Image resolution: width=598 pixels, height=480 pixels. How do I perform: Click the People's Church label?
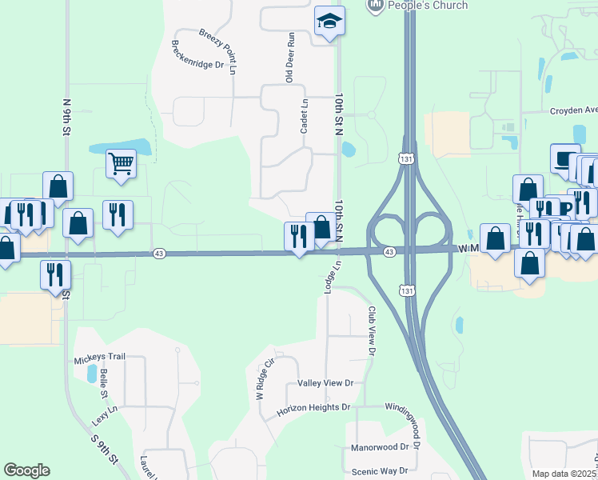(427, 6)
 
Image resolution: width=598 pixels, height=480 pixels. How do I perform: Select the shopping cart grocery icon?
(121, 164)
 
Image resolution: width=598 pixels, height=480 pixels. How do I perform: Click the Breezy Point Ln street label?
(217, 48)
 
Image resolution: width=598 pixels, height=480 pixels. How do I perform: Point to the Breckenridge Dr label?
(197, 54)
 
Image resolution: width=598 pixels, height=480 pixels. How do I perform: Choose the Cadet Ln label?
(304, 117)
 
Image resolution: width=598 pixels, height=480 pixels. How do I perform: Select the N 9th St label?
(67, 119)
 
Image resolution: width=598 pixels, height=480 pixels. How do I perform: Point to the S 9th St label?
(104, 449)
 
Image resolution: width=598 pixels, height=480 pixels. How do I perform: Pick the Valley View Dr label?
(325, 384)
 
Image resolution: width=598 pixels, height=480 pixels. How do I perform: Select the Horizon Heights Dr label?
(313, 407)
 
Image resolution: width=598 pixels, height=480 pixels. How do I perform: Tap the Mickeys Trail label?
(100, 356)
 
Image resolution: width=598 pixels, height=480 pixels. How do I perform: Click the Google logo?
(26, 470)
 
